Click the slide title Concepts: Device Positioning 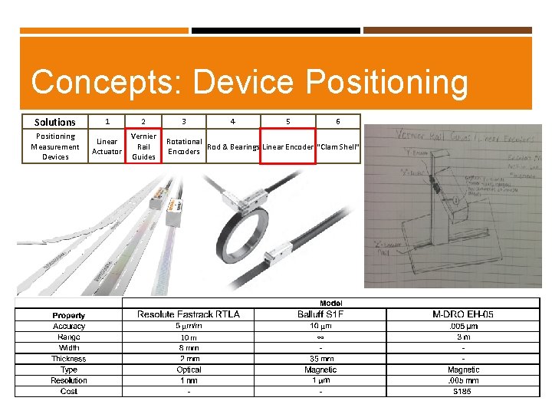click(x=249, y=82)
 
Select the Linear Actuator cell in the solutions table click(x=107, y=146)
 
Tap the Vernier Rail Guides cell click(x=144, y=146)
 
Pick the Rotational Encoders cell click(x=184, y=146)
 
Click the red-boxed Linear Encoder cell click(x=287, y=146)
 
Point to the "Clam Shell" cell click(x=338, y=146)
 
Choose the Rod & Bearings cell click(x=234, y=146)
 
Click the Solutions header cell click(x=55, y=122)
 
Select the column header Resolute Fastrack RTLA click(x=189, y=314)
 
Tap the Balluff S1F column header click(x=320, y=314)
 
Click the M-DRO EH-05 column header click(x=463, y=314)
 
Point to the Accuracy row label click(x=69, y=326)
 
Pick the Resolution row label click(x=69, y=380)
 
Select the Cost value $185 click(x=463, y=392)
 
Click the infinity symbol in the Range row click(x=320, y=337)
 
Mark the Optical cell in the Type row click(x=189, y=370)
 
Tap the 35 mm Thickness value click(x=320, y=359)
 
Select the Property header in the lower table click(x=69, y=315)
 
